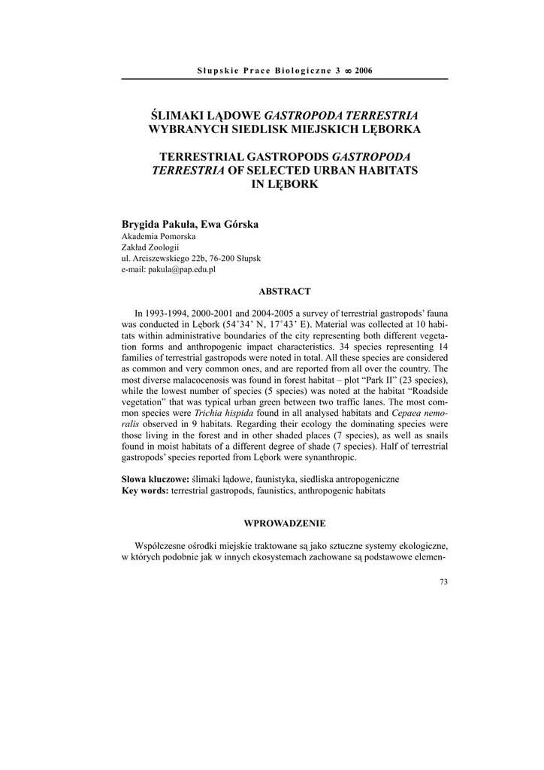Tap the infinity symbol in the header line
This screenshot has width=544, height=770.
coord(346,71)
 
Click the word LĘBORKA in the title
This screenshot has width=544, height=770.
coord(386,129)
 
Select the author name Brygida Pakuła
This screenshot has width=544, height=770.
coord(154,223)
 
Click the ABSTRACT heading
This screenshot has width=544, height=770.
coord(285,291)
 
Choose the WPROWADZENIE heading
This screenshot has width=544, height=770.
coord(285,523)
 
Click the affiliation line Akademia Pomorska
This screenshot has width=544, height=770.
coord(153,235)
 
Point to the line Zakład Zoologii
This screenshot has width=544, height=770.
coord(147,247)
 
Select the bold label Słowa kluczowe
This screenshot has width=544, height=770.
coord(155,479)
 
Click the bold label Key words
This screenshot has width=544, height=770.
coord(145,490)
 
